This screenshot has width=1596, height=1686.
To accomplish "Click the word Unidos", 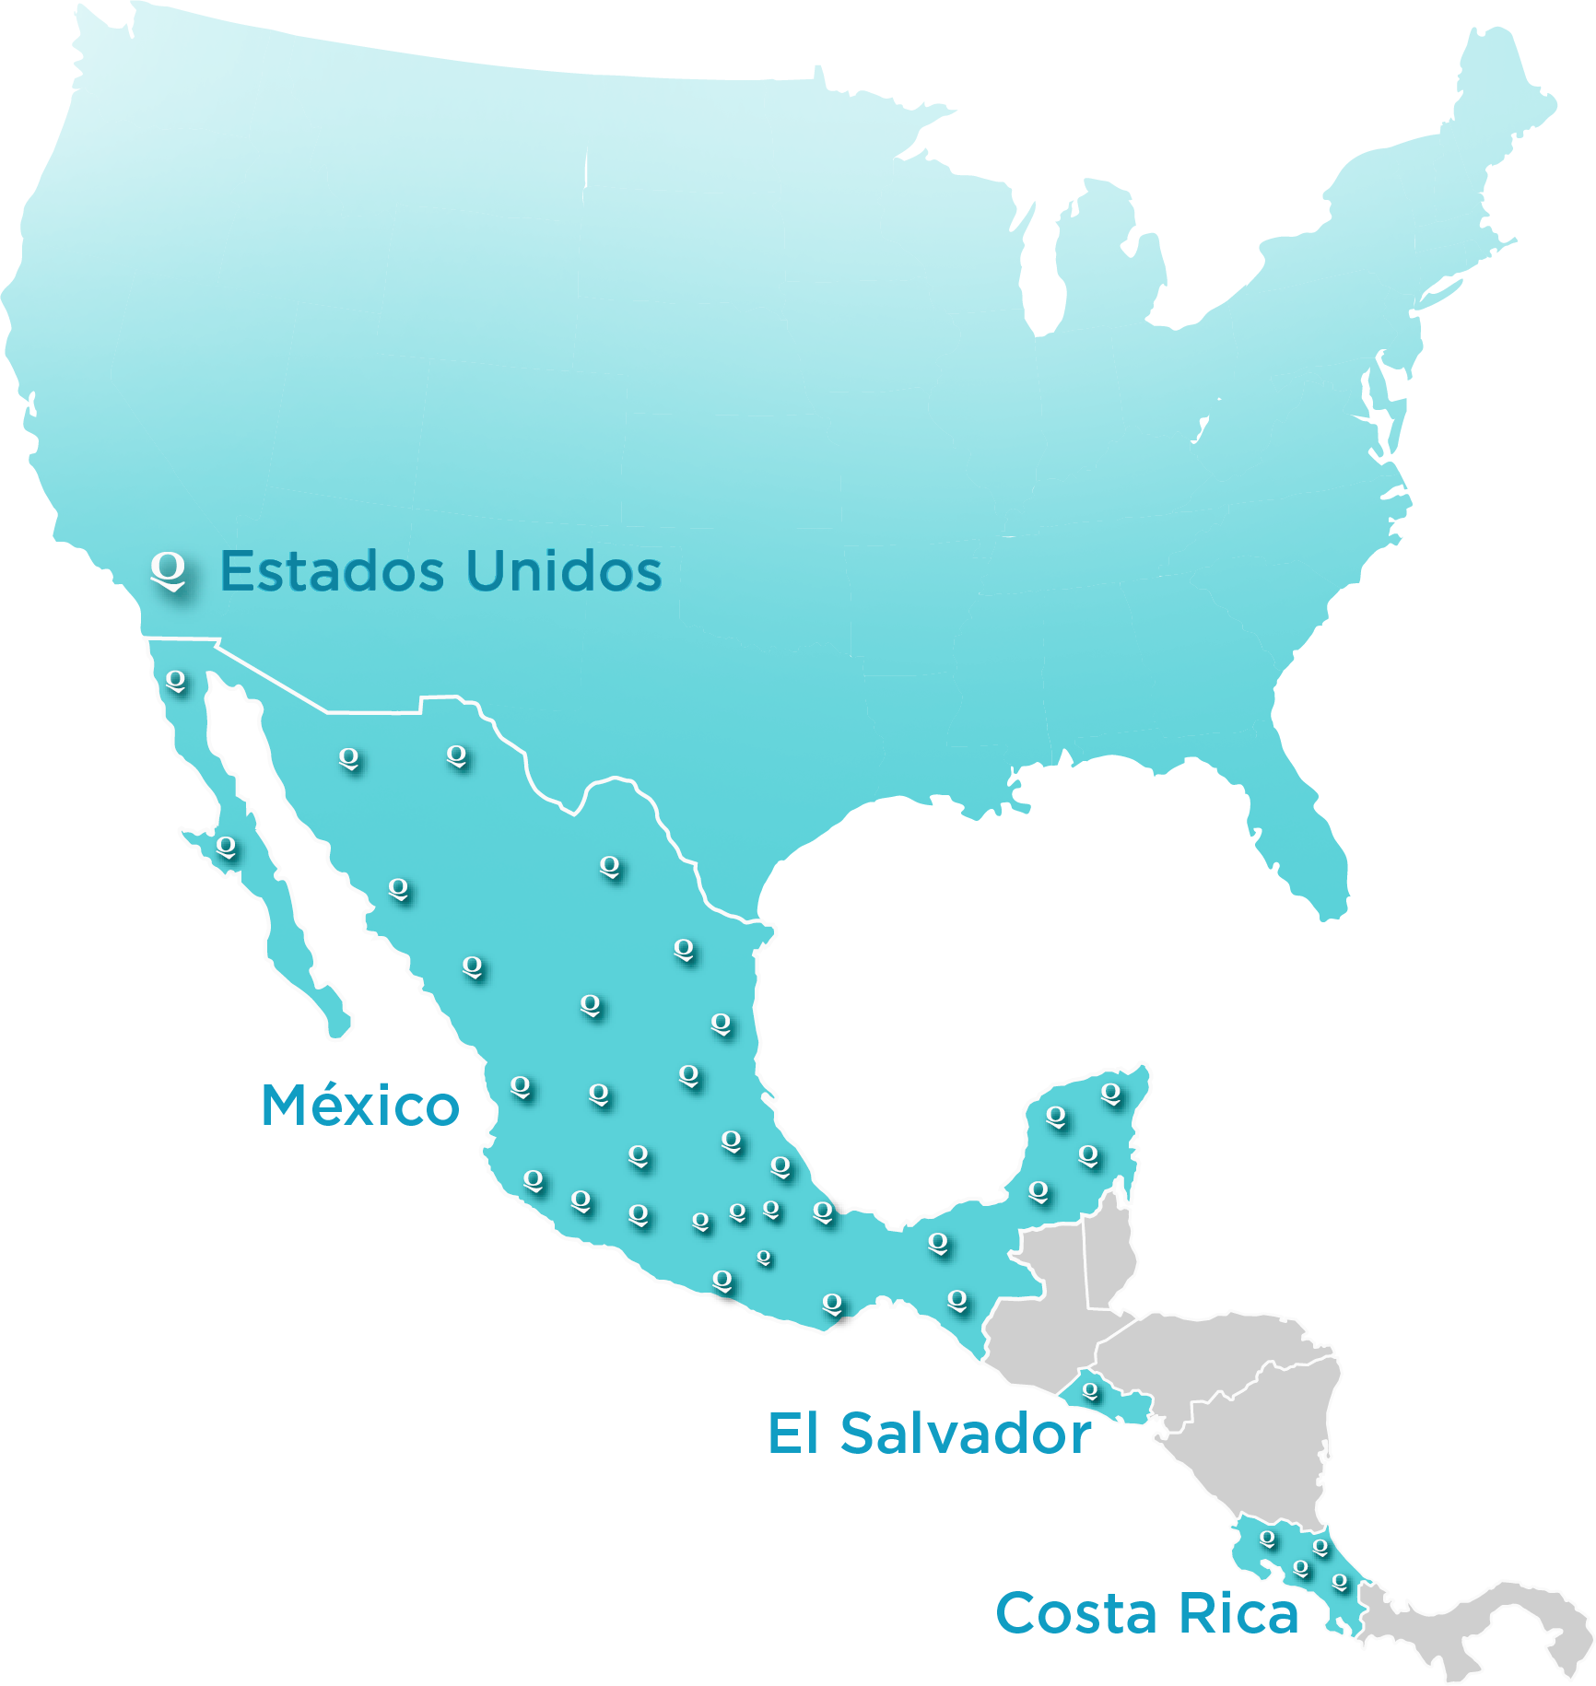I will point(563,571).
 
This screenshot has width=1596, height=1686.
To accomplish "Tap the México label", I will point(360,1105).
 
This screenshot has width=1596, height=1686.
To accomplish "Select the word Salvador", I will point(965,1434).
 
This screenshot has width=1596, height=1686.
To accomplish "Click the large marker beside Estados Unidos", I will point(169,570).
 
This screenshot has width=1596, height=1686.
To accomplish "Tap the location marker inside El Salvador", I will point(1091,1391).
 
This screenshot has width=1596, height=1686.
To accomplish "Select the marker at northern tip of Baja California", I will point(175,681).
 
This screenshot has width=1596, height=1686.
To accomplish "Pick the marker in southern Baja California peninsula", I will point(226,847).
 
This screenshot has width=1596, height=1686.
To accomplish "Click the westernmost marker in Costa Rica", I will point(1268,1539).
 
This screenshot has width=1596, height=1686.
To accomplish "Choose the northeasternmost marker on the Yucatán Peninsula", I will point(1111,1094).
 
